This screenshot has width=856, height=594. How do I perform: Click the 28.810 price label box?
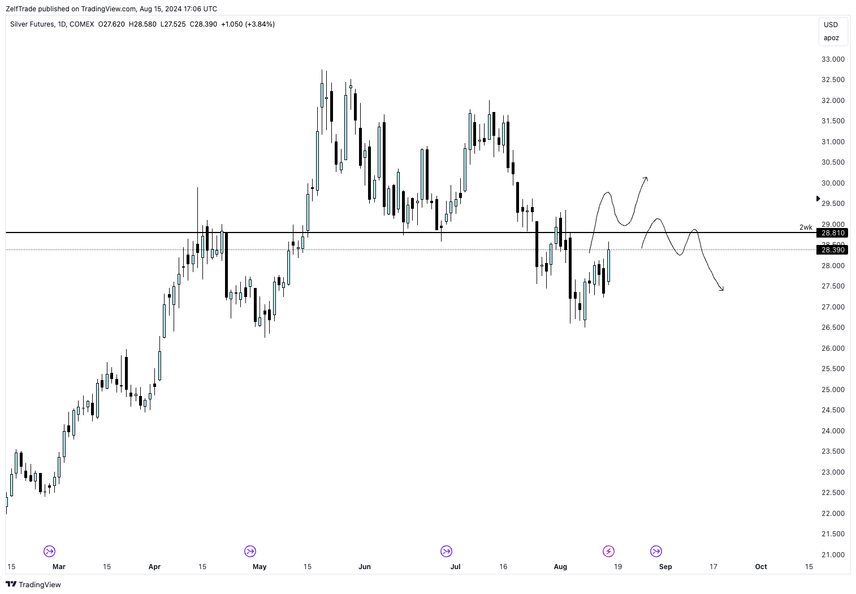click(x=832, y=233)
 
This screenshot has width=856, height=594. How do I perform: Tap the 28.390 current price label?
click(x=832, y=249)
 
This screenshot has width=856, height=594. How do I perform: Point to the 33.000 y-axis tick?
click(x=833, y=59)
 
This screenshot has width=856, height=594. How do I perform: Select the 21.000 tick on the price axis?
click(x=833, y=554)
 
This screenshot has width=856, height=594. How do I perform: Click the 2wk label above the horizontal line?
click(x=806, y=227)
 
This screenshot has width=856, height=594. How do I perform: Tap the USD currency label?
click(x=831, y=24)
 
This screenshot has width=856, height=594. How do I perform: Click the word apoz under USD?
click(x=831, y=38)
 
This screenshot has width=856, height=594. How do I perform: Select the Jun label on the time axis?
click(x=365, y=566)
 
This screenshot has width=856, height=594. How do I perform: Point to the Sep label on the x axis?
click(x=665, y=566)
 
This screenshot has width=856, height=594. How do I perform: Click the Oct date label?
click(x=761, y=566)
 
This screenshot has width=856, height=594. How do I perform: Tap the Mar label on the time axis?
click(x=59, y=566)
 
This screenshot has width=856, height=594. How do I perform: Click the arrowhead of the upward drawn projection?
click(x=646, y=179)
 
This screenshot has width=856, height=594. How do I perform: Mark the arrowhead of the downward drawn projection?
click(x=722, y=290)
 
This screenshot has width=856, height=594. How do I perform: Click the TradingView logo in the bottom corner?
click(x=33, y=584)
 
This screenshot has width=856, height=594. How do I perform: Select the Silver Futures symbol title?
click(x=32, y=24)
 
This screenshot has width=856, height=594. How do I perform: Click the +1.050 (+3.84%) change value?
click(x=248, y=24)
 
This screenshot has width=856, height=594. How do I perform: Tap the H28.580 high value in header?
click(x=142, y=24)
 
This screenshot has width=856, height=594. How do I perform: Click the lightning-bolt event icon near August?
click(x=608, y=551)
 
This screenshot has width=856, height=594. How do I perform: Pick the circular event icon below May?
click(x=250, y=551)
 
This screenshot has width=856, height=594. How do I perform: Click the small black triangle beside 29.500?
click(x=818, y=199)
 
